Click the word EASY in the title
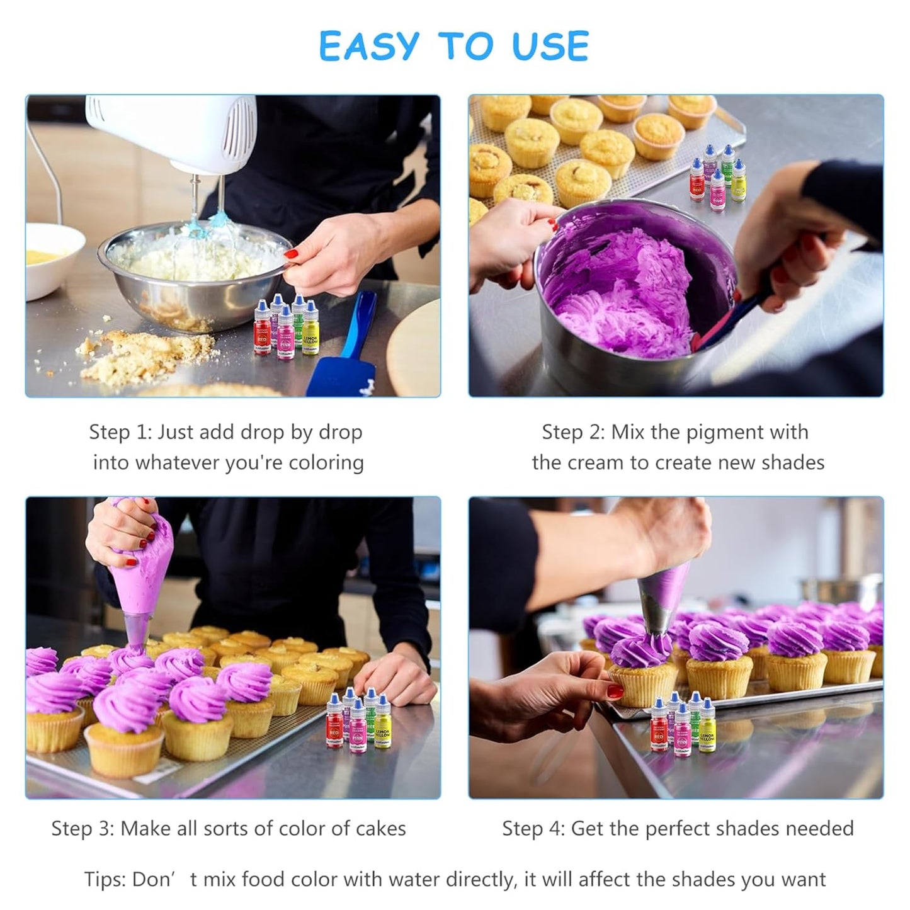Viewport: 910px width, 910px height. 368,47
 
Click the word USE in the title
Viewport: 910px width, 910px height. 550,47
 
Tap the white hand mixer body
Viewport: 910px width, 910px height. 176,129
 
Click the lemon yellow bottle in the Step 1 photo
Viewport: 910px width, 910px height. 310,334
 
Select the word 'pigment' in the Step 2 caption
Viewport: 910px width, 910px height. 723,433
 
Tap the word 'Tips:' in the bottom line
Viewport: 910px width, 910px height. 105,879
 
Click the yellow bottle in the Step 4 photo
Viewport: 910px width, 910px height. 708,731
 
